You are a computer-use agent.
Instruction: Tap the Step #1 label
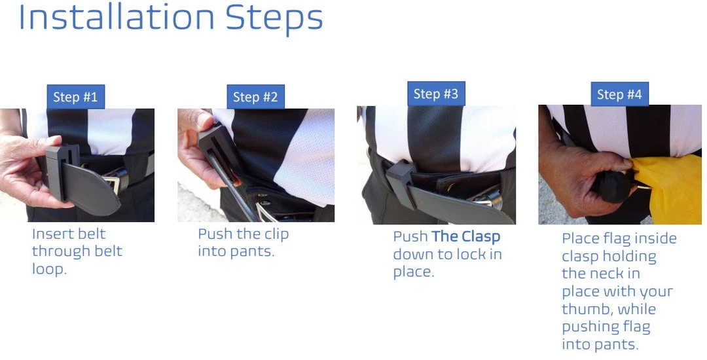pyautogui.click(x=75, y=97)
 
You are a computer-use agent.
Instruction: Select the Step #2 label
pyautogui.click(x=255, y=98)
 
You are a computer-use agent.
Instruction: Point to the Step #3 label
pyautogui.click(x=435, y=94)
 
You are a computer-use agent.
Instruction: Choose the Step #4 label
pyautogui.click(x=619, y=94)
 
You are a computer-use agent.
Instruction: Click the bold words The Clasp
pyautogui.click(x=465, y=236)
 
